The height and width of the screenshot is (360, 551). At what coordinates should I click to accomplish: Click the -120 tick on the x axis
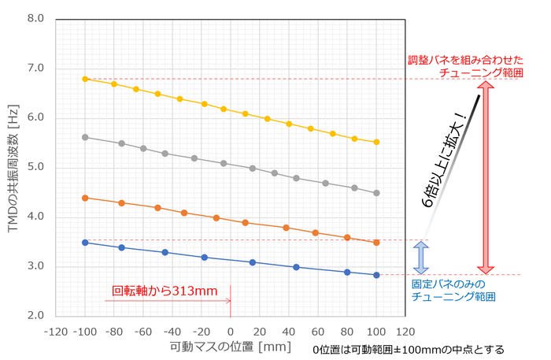[x=55, y=332]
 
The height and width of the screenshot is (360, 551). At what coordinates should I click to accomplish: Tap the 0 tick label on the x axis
[x=230, y=332]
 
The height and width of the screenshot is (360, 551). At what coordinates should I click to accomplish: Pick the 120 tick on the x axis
[x=405, y=332]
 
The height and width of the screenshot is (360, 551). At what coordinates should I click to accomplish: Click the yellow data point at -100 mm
[x=85, y=79]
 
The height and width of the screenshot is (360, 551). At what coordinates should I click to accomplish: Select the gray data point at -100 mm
[x=85, y=137]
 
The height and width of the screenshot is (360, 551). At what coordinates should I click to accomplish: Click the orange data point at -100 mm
[x=85, y=198]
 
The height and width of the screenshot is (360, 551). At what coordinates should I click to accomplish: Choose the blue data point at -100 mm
[x=85, y=243]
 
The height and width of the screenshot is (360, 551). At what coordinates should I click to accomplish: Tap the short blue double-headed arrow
[x=421, y=257]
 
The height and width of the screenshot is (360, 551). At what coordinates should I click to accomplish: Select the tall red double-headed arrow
[x=487, y=176]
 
